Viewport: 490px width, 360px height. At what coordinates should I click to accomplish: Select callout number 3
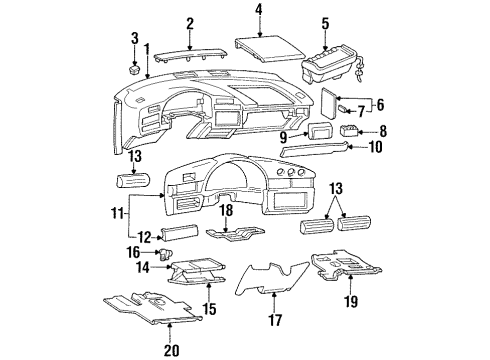point(136,38)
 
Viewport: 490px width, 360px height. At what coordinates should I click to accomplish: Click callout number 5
point(325,23)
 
